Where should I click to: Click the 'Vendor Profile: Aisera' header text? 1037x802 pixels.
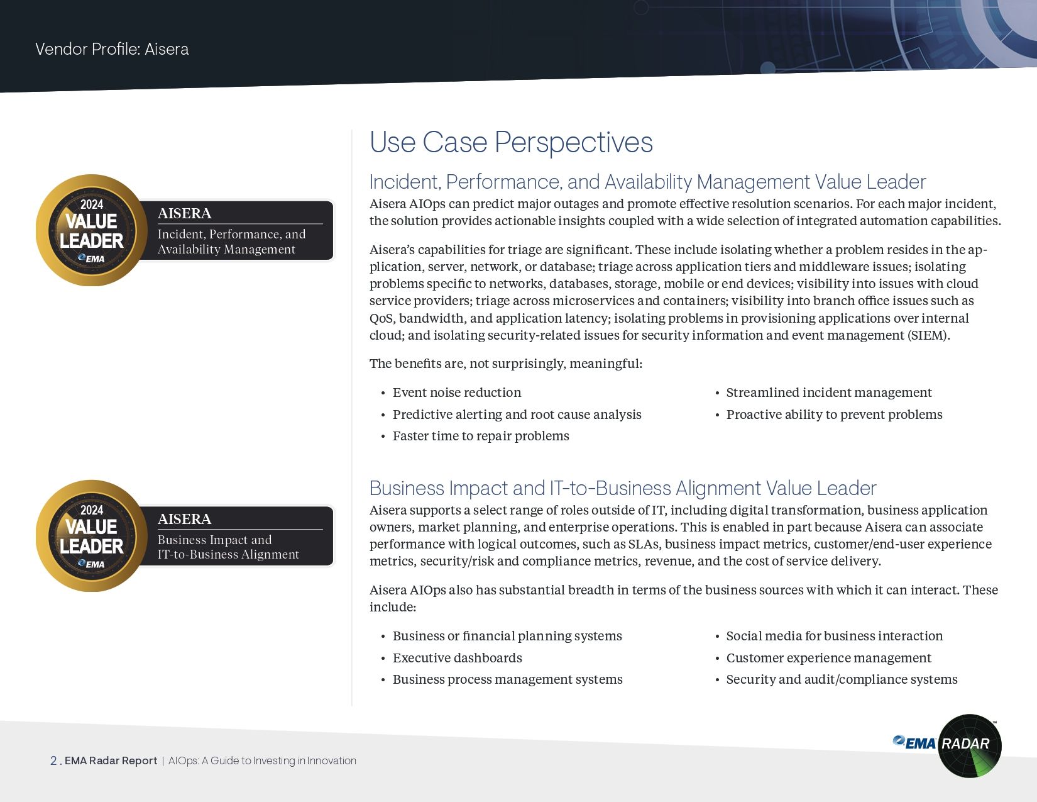[x=112, y=49]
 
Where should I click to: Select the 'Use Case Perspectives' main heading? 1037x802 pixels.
[x=511, y=142]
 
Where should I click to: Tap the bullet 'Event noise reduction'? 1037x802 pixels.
[x=457, y=393]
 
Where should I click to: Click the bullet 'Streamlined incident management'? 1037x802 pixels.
[x=829, y=393]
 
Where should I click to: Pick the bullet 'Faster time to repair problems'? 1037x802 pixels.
[x=481, y=436]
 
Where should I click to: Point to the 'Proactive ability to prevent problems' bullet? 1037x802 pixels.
[x=834, y=415]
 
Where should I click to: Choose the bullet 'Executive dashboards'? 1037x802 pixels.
[x=457, y=658]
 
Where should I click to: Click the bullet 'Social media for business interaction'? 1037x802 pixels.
[x=835, y=636]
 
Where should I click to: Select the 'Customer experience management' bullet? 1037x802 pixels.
[x=828, y=658]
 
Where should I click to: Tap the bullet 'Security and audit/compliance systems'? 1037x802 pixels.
[x=842, y=679]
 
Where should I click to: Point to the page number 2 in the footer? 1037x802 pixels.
[x=53, y=760]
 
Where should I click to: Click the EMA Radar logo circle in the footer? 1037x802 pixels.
[x=969, y=745]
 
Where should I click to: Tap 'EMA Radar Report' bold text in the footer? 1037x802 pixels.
[x=111, y=760]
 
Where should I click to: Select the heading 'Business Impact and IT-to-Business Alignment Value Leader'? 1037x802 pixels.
[x=623, y=488]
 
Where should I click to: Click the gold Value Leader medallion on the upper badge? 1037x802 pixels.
[x=92, y=230]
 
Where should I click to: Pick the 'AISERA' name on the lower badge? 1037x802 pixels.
[x=184, y=519]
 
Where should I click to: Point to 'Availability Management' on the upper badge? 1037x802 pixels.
[x=226, y=249]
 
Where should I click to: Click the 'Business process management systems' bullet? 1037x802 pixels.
[x=507, y=679]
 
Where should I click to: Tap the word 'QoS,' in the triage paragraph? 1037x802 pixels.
[x=383, y=318]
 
